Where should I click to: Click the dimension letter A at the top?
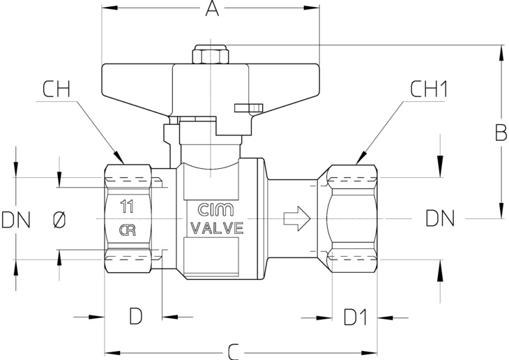[x=212, y=8]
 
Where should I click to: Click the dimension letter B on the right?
[x=501, y=133]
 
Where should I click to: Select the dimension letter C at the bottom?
[x=234, y=352]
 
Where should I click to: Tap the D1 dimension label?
[x=356, y=317]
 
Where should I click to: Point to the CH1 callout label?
[x=429, y=89]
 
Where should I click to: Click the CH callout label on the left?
[x=56, y=89]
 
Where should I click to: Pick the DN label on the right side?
[x=440, y=218]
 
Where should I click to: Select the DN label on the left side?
[x=16, y=220]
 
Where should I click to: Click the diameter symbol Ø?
[x=59, y=220]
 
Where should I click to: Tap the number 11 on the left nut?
[x=127, y=207]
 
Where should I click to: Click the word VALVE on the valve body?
[x=217, y=228]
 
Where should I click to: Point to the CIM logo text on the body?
[x=215, y=210]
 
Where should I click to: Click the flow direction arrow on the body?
[x=297, y=218]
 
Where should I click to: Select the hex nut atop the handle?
[x=211, y=55]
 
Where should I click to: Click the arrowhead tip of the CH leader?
[x=124, y=163]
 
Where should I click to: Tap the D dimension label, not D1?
[x=136, y=317]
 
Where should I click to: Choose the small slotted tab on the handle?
[x=249, y=108]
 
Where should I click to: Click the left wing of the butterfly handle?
[x=137, y=85]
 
